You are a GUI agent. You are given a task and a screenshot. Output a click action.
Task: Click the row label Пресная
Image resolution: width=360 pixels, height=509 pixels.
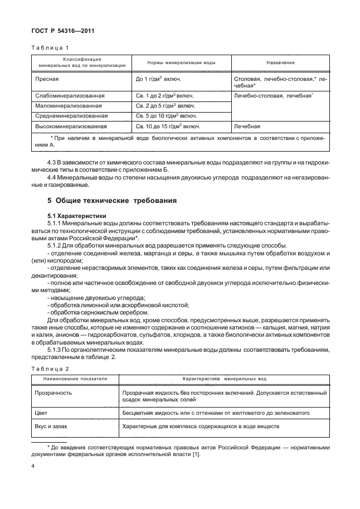[48, 80]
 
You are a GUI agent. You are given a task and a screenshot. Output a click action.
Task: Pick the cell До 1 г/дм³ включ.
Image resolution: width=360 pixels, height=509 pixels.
[158, 80]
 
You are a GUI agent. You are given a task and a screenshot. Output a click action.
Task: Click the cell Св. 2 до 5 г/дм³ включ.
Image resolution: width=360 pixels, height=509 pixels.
[165, 106]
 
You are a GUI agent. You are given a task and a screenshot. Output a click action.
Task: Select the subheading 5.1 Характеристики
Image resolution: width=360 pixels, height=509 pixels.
[77, 215]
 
